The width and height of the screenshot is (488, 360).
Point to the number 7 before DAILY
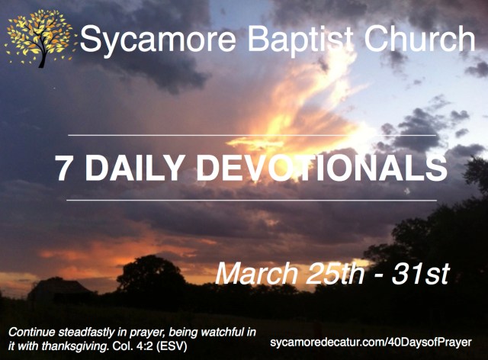click(63, 169)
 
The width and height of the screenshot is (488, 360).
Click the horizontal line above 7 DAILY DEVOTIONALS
click(252, 135)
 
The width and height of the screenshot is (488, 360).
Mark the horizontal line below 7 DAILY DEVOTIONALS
click(252, 200)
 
